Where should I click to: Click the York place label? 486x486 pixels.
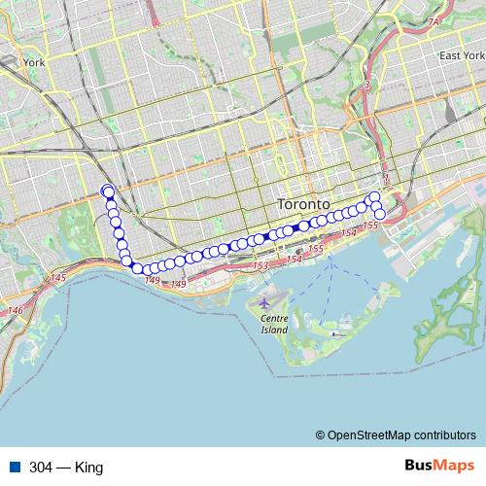click(x=35, y=62)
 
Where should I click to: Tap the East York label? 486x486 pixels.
click(x=460, y=55)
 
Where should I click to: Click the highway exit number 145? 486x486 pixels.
click(x=58, y=278)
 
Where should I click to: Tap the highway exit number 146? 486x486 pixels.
click(x=16, y=310)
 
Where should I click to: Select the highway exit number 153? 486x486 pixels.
click(x=260, y=265)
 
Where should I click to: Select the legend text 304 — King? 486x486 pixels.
click(x=66, y=467)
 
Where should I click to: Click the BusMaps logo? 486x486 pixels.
click(x=438, y=466)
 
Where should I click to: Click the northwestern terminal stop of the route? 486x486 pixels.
click(x=107, y=191)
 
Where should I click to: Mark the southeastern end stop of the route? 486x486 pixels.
click(x=380, y=214)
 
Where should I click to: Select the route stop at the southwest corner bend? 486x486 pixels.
click(x=137, y=268)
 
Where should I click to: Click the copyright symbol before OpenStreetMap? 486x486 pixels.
click(x=321, y=434)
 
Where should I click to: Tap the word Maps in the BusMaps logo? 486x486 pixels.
click(x=455, y=466)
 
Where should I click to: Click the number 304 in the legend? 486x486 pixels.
click(x=42, y=467)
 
